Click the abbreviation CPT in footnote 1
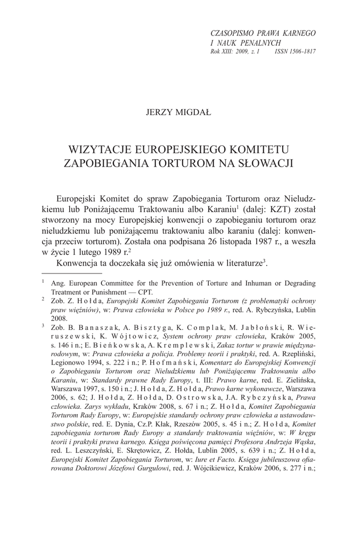coord(144,292)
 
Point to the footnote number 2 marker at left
coord(43,300)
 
